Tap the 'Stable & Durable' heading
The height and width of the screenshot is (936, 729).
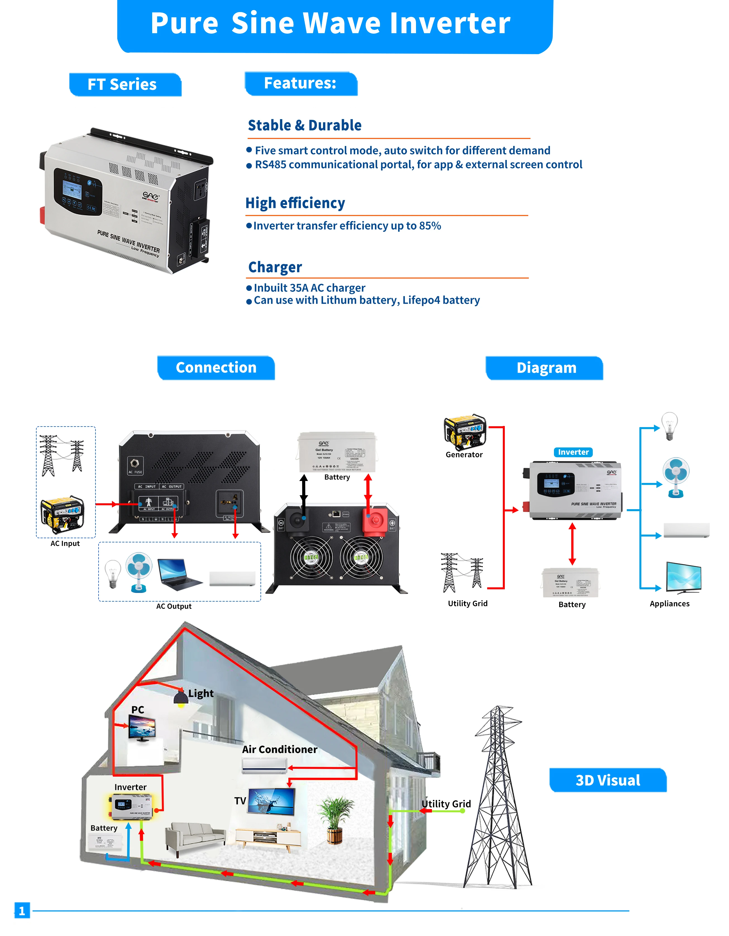click(304, 125)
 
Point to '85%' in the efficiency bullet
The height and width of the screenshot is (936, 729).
click(430, 226)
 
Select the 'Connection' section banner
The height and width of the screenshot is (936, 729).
click(216, 368)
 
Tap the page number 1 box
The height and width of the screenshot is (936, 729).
click(22, 910)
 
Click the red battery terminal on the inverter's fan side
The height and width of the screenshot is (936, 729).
click(375, 521)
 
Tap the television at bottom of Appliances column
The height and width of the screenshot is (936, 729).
click(683, 578)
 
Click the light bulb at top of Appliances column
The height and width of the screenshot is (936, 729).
click(670, 426)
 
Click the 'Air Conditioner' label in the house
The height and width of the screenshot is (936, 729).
click(279, 750)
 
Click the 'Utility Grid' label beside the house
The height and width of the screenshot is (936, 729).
click(446, 804)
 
